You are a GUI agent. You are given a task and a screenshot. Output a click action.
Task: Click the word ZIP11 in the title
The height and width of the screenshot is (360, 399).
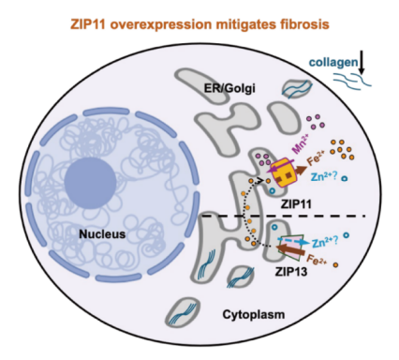pyautogui.click(x=87, y=24)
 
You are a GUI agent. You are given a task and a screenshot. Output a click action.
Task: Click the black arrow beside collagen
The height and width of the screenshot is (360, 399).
pyautogui.click(x=362, y=63)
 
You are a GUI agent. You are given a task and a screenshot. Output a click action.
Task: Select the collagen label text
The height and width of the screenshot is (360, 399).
pyautogui.click(x=333, y=63)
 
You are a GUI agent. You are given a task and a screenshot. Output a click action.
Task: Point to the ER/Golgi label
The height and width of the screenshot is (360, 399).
pyautogui.click(x=229, y=88)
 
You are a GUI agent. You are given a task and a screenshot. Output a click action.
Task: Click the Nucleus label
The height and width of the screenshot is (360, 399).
pyautogui.click(x=102, y=234)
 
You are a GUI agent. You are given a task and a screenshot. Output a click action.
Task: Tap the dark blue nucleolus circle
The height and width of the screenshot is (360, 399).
pyautogui.click(x=91, y=183)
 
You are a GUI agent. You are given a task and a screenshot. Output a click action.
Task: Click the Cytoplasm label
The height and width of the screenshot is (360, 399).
pyautogui.click(x=254, y=314)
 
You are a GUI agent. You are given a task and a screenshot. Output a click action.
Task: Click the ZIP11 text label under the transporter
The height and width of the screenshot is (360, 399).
pyautogui.click(x=296, y=204)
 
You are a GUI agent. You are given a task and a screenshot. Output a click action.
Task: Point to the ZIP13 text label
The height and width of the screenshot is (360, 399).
pyautogui.click(x=291, y=271)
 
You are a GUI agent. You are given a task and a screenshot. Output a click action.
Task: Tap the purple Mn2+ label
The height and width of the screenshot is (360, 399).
pyautogui.click(x=300, y=143)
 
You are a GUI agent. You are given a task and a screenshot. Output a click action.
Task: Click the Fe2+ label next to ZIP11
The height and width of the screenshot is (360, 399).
pyautogui.click(x=317, y=158)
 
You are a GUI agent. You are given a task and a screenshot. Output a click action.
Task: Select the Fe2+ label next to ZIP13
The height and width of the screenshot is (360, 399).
pyautogui.click(x=318, y=260)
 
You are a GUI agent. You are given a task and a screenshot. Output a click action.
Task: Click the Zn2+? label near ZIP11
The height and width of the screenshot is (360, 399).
pyautogui.click(x=324, y=177)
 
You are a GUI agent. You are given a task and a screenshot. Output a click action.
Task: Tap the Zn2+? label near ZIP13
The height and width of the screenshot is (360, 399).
pyautogui.click(x=324, y=242)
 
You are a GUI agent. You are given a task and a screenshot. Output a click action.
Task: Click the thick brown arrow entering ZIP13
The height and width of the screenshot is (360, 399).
pyautogui.click(x=291, y=250)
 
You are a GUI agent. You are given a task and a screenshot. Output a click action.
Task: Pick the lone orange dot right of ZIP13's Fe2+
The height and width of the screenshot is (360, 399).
pyautogui.click(x=335, y=265)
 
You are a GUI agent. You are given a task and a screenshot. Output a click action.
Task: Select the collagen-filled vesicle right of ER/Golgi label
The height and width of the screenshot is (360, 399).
pyautogui.click(x=297, y=89)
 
